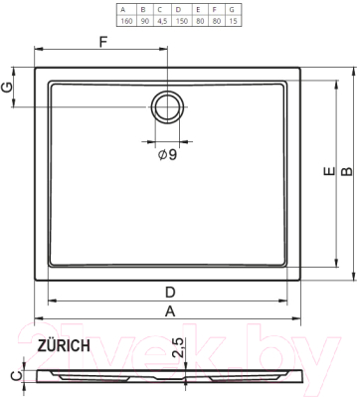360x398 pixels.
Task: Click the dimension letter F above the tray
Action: click(x=102, y=42)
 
